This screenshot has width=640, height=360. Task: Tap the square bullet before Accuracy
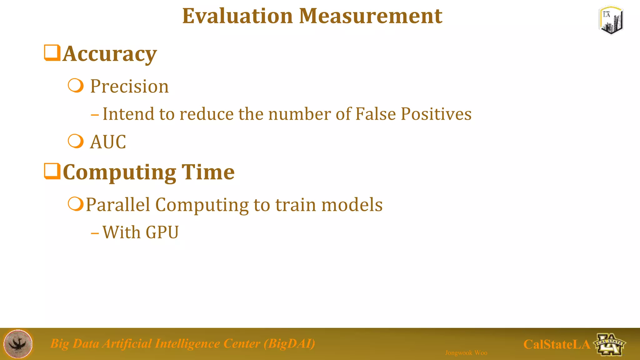(x=52, y=53)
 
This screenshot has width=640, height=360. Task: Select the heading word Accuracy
(x=109, y=54)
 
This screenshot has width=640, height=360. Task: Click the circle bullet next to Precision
(x=76, y=86)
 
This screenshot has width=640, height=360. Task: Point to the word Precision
(x=129, y=86)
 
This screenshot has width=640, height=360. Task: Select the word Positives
(x=436, y=114)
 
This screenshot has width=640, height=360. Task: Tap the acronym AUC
(x=108, y=142)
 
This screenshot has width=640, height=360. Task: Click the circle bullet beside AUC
(x=76, y=141)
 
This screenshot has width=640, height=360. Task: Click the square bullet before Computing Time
(x=52, y=171)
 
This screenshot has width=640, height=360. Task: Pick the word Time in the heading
(x=208, y=172)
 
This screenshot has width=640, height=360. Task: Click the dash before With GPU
(x=95, y=233)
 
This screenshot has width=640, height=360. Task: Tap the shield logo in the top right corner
(x=611, y=21)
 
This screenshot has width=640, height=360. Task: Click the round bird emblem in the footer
(x=18, y=344)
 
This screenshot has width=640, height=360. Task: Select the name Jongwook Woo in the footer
(x=466, y=353)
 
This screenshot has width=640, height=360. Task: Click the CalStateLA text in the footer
(x=557, y=344)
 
